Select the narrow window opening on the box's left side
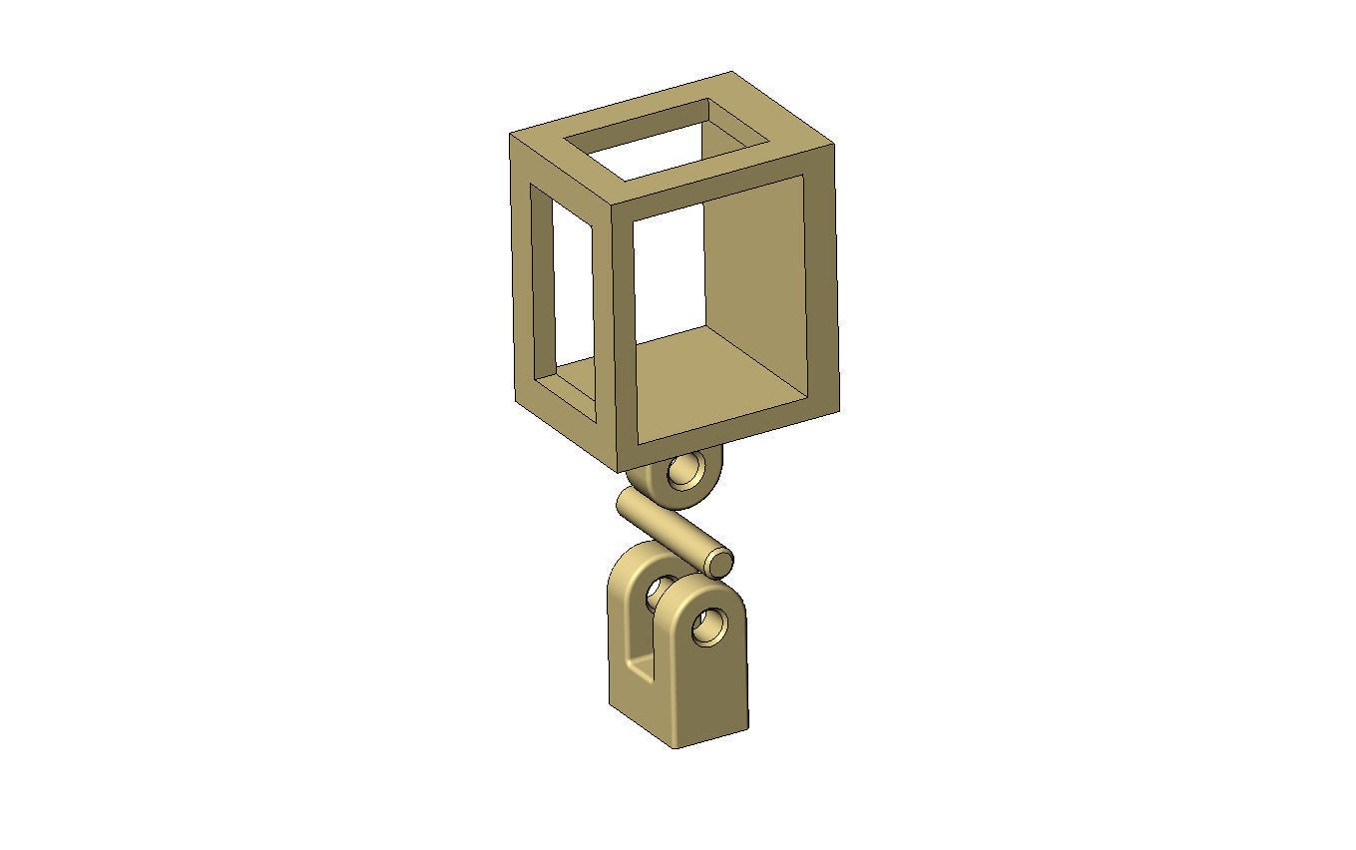click(x=563, y=289)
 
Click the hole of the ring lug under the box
click(x=685, y=472)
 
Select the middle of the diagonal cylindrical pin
click(x=669, y=529)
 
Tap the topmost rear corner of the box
click(x=732, y=73)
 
